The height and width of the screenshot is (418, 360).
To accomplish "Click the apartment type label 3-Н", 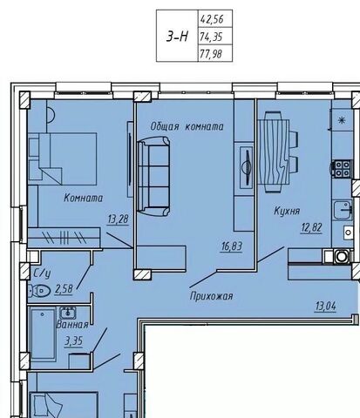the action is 177,37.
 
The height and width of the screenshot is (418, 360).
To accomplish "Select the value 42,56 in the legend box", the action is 212,19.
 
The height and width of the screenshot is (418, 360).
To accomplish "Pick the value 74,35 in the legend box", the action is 211,37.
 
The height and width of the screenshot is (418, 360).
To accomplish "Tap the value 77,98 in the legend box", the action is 211,54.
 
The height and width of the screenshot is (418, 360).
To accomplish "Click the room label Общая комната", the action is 187,126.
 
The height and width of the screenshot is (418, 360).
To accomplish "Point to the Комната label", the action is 84,198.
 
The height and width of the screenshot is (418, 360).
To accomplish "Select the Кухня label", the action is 287,211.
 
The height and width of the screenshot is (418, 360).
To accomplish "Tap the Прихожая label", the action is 211,296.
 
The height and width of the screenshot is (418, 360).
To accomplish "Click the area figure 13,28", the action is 118,219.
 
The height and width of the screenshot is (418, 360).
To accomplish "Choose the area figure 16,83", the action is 232,246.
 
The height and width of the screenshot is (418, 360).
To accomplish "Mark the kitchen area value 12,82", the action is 311,228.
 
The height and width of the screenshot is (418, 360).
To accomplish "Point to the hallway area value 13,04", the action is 325,307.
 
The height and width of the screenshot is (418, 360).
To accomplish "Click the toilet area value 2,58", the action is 64,289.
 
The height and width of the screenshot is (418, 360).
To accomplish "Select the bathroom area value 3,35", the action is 74,341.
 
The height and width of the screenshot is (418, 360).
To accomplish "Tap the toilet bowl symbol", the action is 39,290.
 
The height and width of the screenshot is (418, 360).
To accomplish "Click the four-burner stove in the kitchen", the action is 342,168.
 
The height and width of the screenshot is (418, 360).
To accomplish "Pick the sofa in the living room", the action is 153,176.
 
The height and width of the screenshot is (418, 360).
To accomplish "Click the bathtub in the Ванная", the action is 43,334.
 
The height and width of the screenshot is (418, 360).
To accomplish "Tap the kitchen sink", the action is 343,210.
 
